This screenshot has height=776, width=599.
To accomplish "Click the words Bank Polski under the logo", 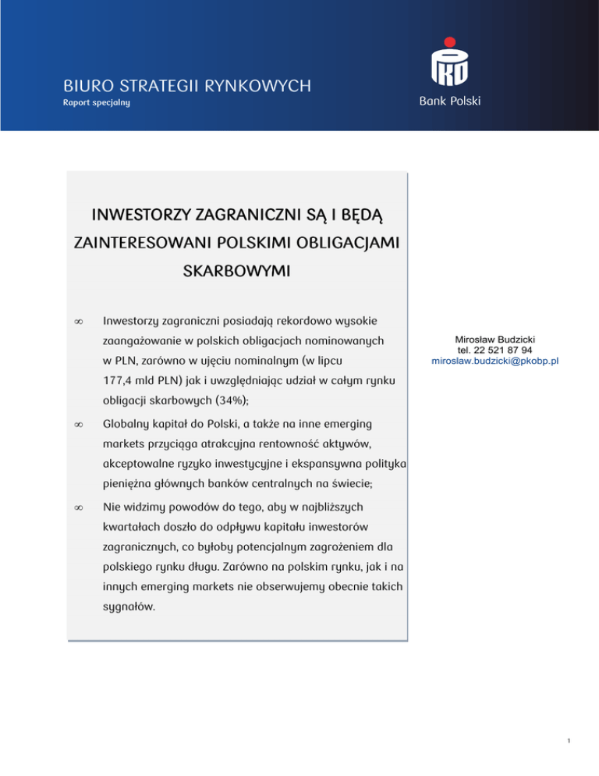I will click(x=450, y=101).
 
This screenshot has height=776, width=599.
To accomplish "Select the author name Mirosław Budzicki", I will click(x=495, y=340).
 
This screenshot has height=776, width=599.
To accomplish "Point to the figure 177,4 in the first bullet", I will click(x=120, y=380).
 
